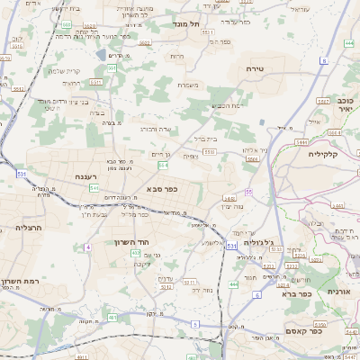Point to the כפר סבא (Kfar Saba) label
tap(159, 190)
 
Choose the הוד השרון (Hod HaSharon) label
tap(130, 242)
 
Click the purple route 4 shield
tap(88, 246)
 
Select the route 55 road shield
tap(247, 192)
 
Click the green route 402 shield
tap(135, 254)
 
